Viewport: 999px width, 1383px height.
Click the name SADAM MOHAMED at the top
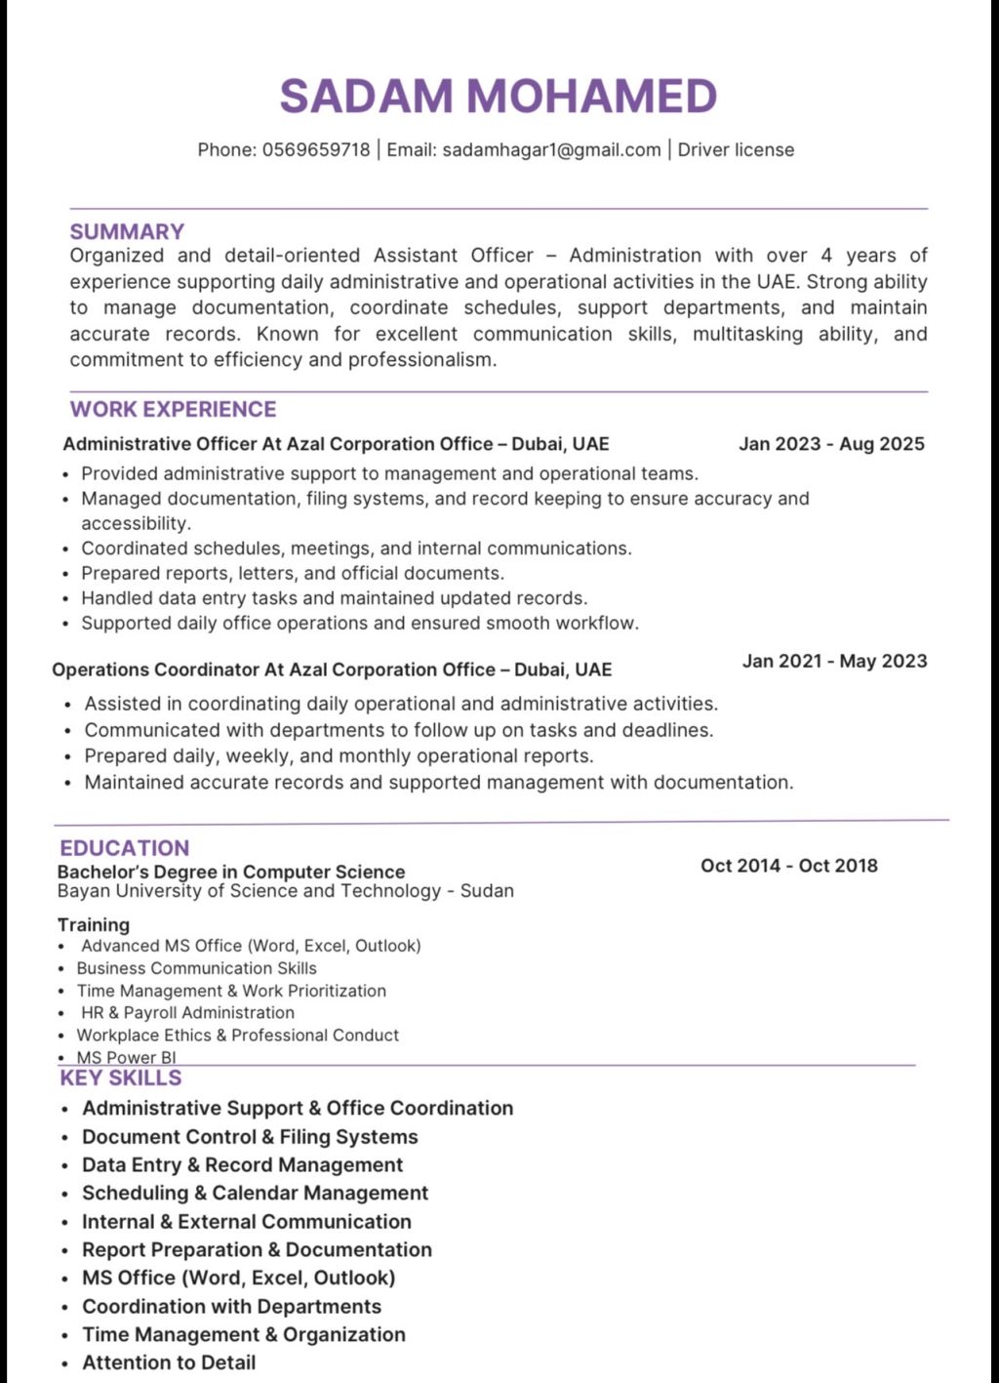[x=499, y=96]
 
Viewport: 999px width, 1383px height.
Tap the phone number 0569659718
[x=316, y=149]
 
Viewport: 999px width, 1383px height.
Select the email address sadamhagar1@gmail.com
[x=551, y=149]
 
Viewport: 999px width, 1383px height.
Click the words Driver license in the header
[x=736, y=149]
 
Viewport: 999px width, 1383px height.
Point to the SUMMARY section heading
[x=127, y=231]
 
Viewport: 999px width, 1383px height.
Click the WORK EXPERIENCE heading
[x=173, y=409]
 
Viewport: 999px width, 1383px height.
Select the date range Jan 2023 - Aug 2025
[x=831, y=444]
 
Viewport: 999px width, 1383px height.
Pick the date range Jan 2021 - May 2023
[x=834, y=661]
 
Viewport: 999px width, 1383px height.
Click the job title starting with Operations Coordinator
[x=332, y=670]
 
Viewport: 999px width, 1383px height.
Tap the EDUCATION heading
[x=124, y=848]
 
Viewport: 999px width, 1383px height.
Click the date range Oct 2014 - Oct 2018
[x=788, y=865]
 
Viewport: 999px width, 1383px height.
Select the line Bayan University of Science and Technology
[x=285, y=890]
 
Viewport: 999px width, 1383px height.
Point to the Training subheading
[x=93, y=924]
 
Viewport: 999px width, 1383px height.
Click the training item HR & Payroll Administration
[x=187, y=1013]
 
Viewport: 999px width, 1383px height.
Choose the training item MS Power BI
[x=126, y=1057]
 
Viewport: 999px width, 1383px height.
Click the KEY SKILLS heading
[x=121, y=1078]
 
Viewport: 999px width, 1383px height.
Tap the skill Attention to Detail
[x=169, y=1363]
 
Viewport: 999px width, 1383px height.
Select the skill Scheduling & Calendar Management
[x=255, y=1193]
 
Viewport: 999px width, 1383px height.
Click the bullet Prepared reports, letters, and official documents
[x=293, y=573]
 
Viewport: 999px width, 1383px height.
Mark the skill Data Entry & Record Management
[x=242, y=1164]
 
